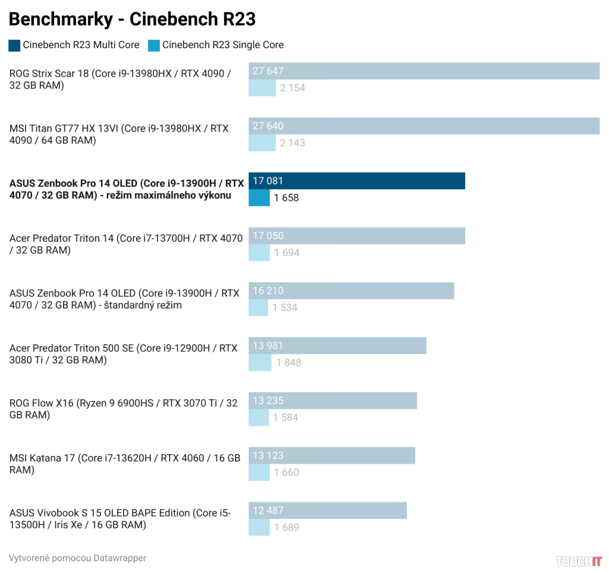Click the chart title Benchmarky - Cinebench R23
132,20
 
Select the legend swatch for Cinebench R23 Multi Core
14,45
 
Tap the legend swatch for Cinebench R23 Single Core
154,45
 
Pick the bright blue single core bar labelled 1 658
259,198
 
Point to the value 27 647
268,71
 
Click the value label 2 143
293,143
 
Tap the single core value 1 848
288,363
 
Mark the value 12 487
268,511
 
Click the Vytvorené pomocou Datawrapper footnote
77,558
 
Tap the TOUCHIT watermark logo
579,561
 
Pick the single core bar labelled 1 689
259,527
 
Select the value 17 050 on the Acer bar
268,236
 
